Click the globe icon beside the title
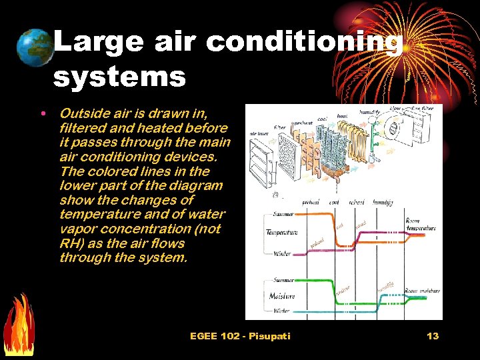pyautogui.click(x=35, y=48)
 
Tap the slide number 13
pyautogui.click(x=433, y=336)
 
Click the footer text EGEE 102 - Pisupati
pyautogui.click(x=240, y=336)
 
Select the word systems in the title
pyautogui.click(x=119, y=77)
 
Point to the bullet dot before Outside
pyautogui.click(x=43, y=113)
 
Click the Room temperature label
pyautogui.click(x=421, y=224)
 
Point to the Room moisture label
pyautogui.click(x=422, y=290)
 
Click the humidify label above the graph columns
pyautogui.click(x=384, y=202)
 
